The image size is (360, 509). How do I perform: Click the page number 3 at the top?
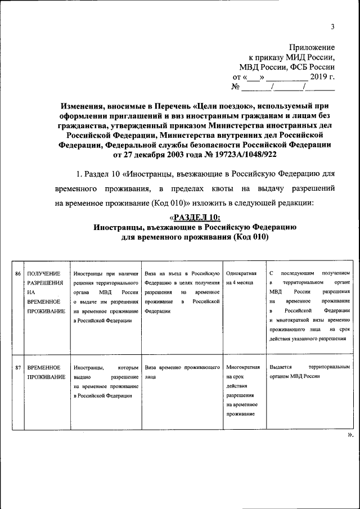coord(332,26)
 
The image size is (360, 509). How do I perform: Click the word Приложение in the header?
coord(312,47)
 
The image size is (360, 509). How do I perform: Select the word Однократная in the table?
coord(241,273)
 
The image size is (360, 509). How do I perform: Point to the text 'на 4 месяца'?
coord(240,282)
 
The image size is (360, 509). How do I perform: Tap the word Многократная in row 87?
coord(242,368)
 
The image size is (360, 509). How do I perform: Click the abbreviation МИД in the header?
coord(296,57)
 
